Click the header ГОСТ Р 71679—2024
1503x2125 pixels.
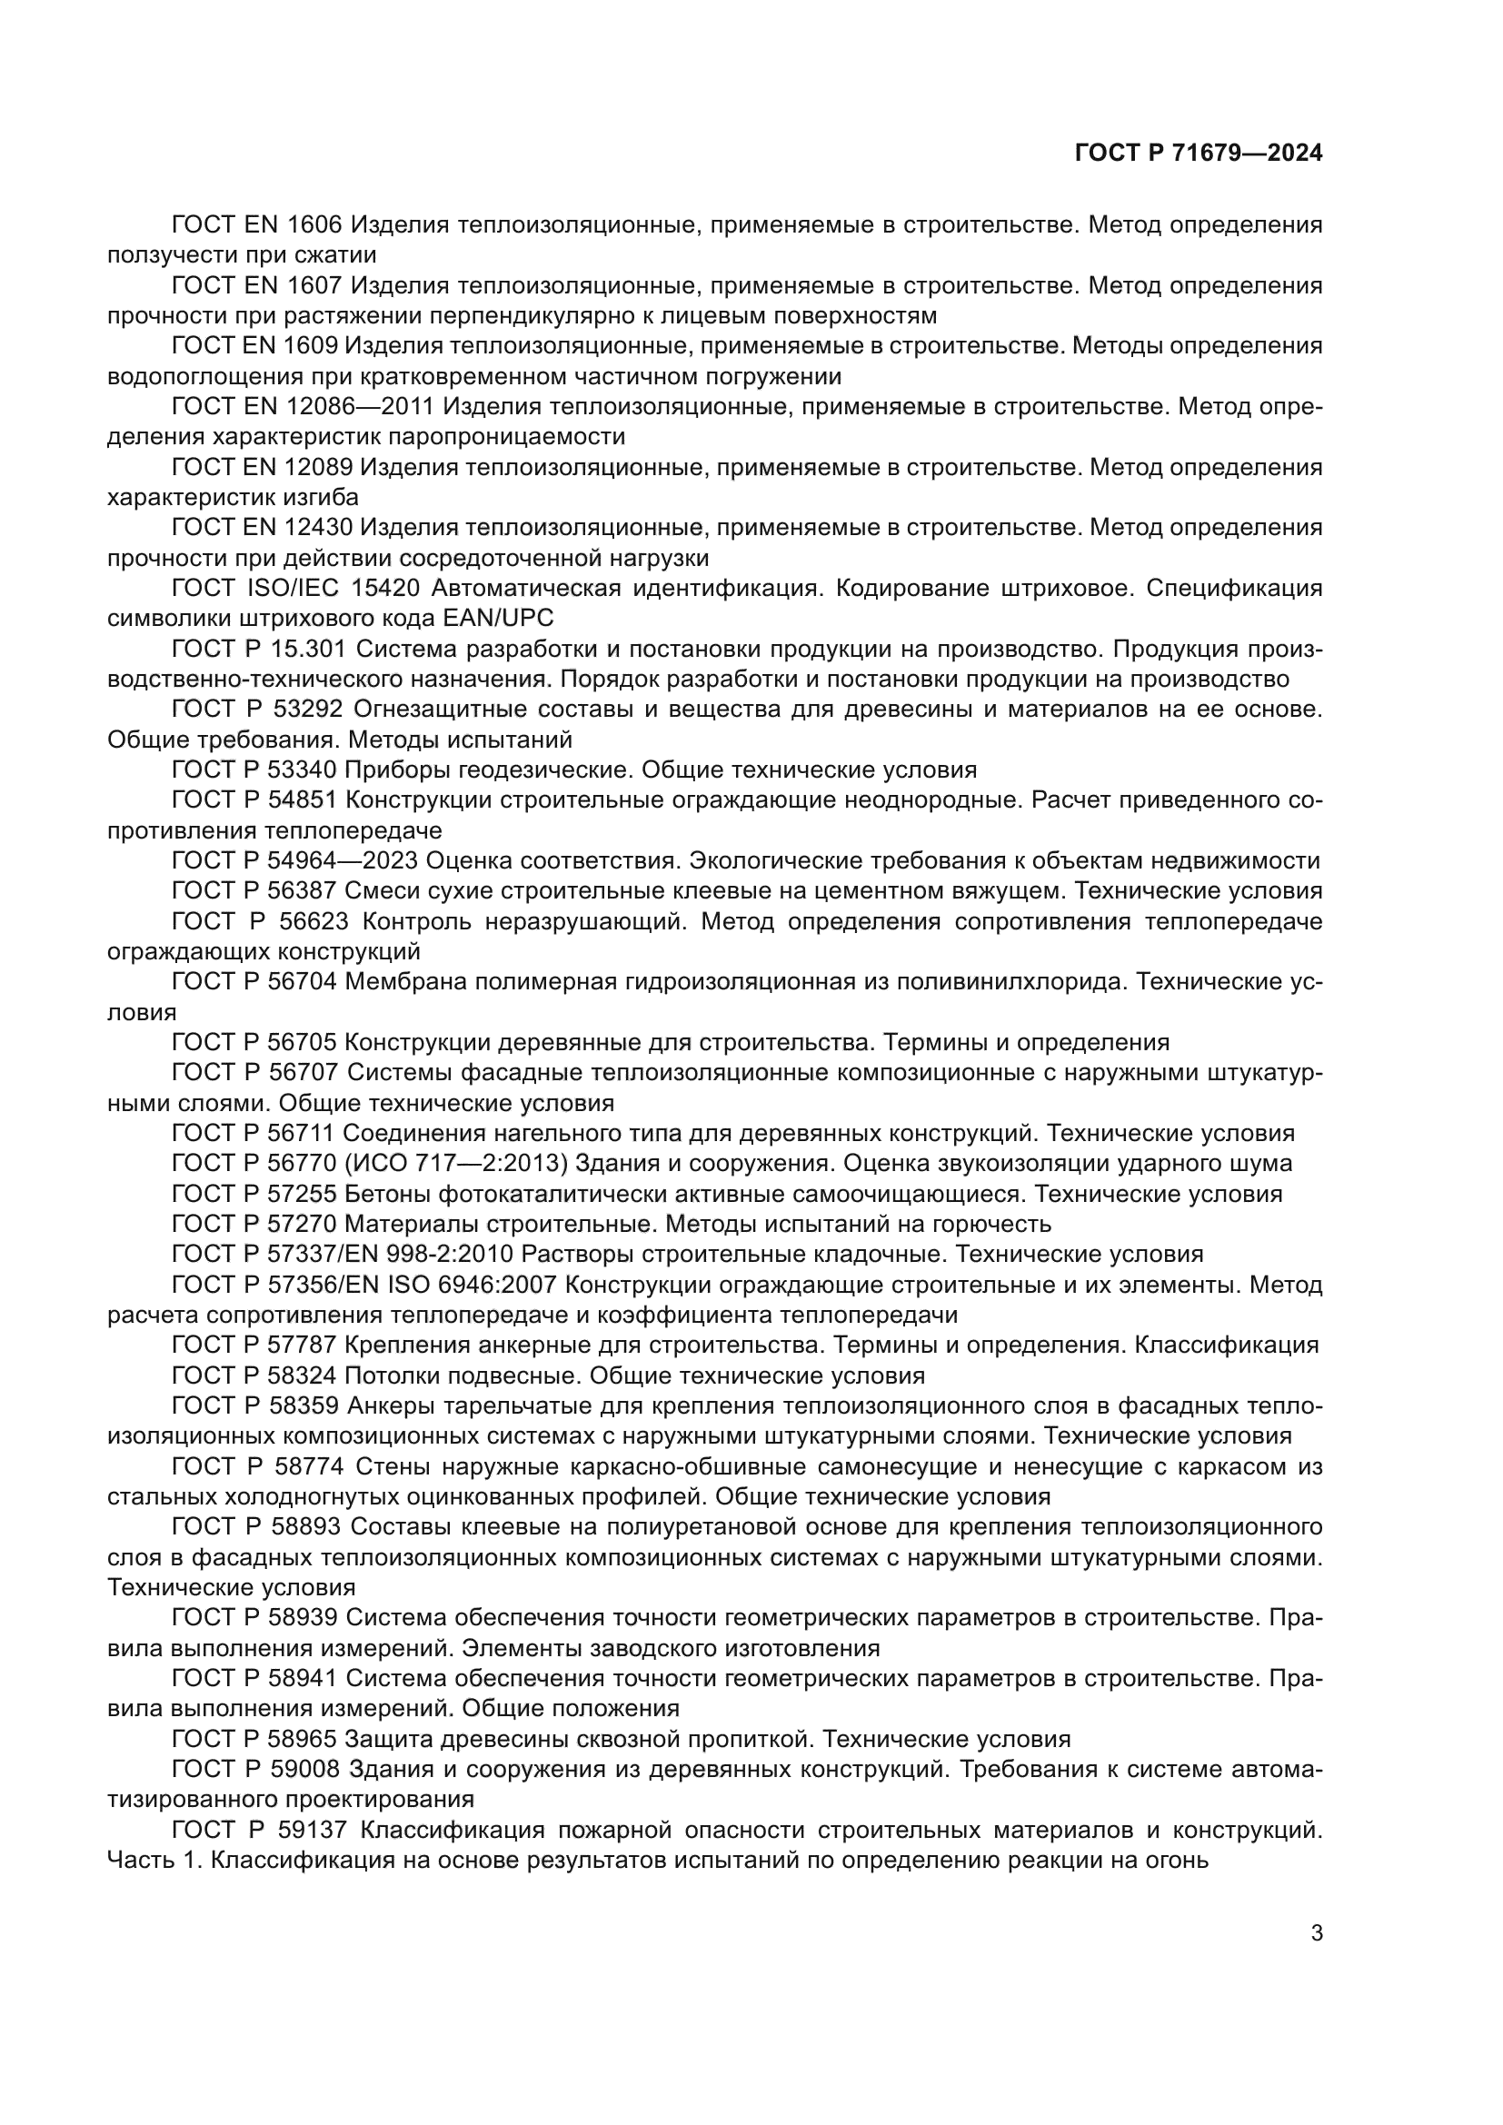click(x=1199, y=154)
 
